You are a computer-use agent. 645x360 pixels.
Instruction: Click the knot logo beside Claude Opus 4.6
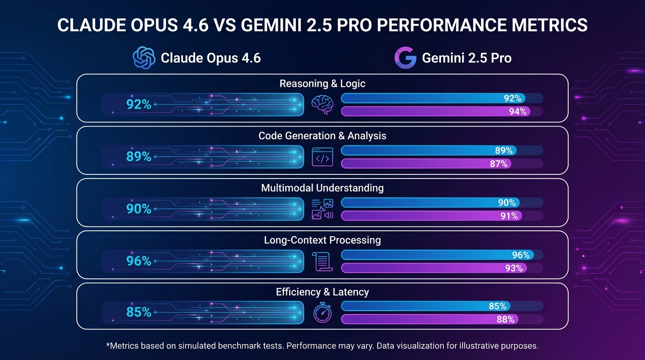coord(144,58)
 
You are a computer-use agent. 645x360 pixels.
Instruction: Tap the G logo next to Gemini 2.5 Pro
coord(405,58)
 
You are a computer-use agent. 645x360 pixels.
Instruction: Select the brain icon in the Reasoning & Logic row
coord(322,105)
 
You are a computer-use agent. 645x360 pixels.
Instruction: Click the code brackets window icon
coord(322,157)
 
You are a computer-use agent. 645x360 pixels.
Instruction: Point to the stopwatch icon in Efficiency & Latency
coord(322,313)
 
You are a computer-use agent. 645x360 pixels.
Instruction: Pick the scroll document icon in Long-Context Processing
coord(322,261)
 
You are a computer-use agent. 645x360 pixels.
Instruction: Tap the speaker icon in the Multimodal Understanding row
coord(328,215)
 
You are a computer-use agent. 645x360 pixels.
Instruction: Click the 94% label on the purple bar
coord(517,112)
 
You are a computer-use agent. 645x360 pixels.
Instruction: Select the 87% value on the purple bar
coord(499,164)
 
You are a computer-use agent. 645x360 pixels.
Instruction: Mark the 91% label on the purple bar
coord(509,216)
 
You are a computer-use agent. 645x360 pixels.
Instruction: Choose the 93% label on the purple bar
coord(513,268)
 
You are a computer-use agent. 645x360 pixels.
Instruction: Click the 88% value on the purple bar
coord(505,320)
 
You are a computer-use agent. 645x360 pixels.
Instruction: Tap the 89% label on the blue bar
coord(504,150)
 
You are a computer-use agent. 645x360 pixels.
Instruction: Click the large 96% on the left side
coord(139,261)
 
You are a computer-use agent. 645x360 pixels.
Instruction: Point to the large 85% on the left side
coord(139,312)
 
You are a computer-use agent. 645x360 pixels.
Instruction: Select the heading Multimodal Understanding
coord(322,188)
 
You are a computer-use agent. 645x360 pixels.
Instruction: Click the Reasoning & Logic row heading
coord(322,84)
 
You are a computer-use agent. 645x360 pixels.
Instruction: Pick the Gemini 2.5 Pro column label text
coord(466,58)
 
